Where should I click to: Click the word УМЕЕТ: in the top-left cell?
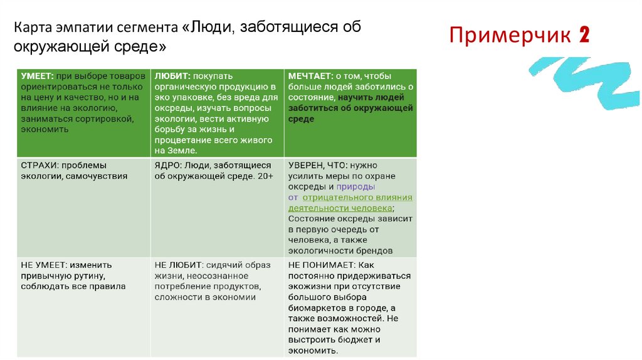pyautogui.click(x=36, y=76)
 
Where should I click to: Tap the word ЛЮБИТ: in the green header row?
pyautogui.click(x=171, y=76)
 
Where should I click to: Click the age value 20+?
pyautogui.click(x=265, y=176)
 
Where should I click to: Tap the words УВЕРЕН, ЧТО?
pyautogui.click(x=317, y=166)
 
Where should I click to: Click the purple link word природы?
pyautogui.click(x=355, y=186)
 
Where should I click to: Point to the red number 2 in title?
pyautogui.click(x=584, y=36)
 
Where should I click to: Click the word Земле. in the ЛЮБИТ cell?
pyautogui.click(x=182, y=151)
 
